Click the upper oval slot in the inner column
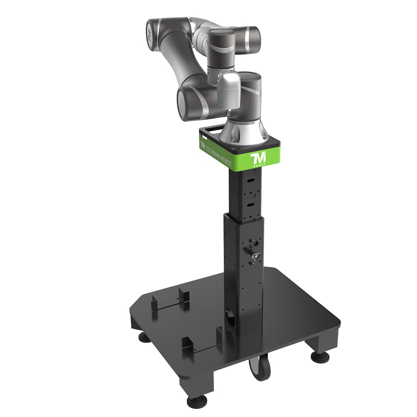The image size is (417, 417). [x=250, y=181]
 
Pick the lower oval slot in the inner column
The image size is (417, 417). [x=250, y=205]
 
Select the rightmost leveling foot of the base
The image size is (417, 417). [x=317, y=356]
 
